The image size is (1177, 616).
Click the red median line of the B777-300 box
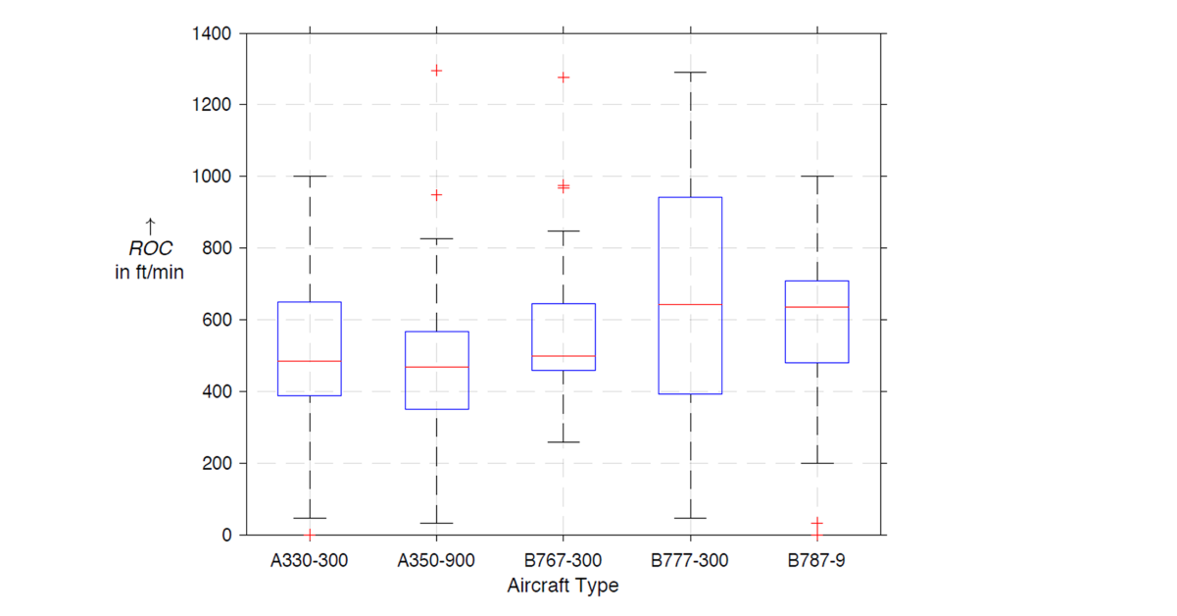(690, 304)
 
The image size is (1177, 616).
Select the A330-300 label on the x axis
(310, 562)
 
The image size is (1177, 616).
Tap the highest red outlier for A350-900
(436, 71)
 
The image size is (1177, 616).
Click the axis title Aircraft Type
(563, 587)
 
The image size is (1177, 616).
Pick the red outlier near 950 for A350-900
(436, 194)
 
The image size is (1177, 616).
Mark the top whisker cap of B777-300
(690, 73)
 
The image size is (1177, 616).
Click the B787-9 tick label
(816, 562)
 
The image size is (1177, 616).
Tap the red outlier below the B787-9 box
(816, 524)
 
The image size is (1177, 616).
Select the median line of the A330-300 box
(310, 361)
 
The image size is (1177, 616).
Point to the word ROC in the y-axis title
(150, 249)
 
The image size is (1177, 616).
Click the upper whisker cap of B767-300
(564, 231)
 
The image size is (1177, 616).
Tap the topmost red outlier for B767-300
(564, 77)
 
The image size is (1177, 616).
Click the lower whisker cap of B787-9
(816, 463)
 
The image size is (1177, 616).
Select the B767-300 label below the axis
(564, 562)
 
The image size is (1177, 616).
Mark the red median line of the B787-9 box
(816, 307)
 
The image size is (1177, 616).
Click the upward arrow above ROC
(150, 228)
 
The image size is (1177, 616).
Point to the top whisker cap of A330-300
(310, 177)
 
